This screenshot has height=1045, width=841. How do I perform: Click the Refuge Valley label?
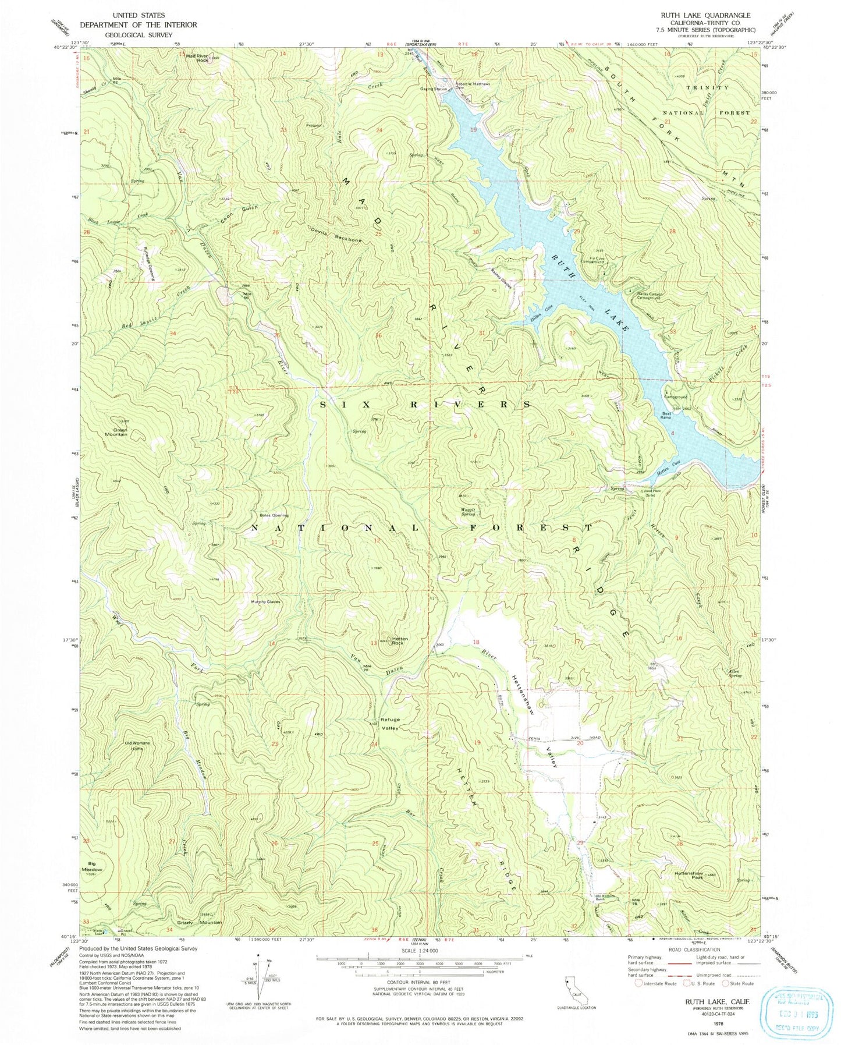click(390, 723)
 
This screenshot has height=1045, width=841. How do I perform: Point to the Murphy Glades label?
click(265, 602)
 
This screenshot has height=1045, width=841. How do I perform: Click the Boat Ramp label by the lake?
click(666, 415)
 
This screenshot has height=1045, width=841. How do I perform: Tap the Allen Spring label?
click(735, 674)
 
